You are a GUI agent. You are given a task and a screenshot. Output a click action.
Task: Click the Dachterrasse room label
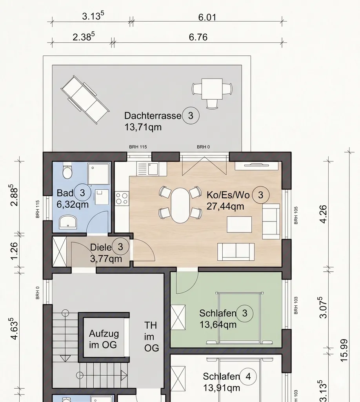click(x=153, y=116)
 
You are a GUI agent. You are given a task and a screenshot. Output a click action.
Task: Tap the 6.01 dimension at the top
click(x=207, y=17)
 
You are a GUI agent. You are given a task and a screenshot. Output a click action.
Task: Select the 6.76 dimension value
click(x=198, y=37)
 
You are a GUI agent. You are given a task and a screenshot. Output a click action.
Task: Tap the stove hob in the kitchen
click(x=122, y=199)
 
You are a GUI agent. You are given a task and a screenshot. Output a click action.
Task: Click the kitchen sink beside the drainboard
click(x=153, y=169)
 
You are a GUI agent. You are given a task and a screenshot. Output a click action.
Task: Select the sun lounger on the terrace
click(x=85, y=100)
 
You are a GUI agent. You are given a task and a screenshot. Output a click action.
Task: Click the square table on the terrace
click(x=212, y=89)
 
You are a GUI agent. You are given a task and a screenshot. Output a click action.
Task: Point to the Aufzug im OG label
click(x=104, y=339)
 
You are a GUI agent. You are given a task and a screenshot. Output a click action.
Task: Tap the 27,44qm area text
click(x=225, y=206)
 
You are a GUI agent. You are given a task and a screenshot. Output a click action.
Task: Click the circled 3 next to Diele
click(x=120, y=247)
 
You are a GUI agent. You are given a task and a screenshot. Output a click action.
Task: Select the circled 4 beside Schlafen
click(x=248, y=376)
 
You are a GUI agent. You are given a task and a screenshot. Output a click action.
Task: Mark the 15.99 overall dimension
click(x=344, y=350)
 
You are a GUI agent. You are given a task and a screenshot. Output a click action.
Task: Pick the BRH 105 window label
click(x=296, y=216)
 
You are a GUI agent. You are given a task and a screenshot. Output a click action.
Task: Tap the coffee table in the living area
click(x=239, y=224)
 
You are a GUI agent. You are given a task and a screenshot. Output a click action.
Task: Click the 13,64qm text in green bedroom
click(x=218, y=325)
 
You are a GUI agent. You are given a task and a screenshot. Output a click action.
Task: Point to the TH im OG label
click(x=151, y=336)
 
